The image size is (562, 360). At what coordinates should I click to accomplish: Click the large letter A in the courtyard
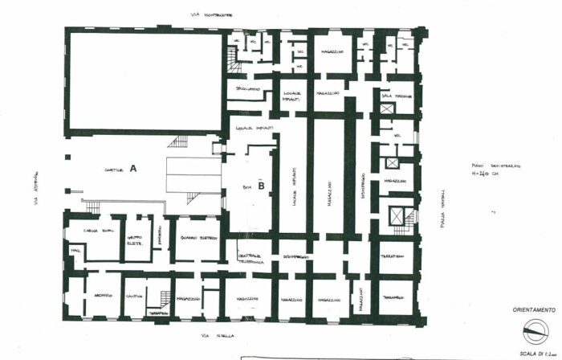pos(133,169)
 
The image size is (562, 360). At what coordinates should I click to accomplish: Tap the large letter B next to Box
pos(262,184)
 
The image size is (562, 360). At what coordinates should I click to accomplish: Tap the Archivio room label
pos(102,295)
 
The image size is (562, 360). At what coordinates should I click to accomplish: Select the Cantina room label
pos(134,296)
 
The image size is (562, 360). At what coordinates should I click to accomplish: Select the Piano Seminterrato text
pos(491,166)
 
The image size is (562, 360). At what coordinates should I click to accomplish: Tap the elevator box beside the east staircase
pos(392,215)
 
